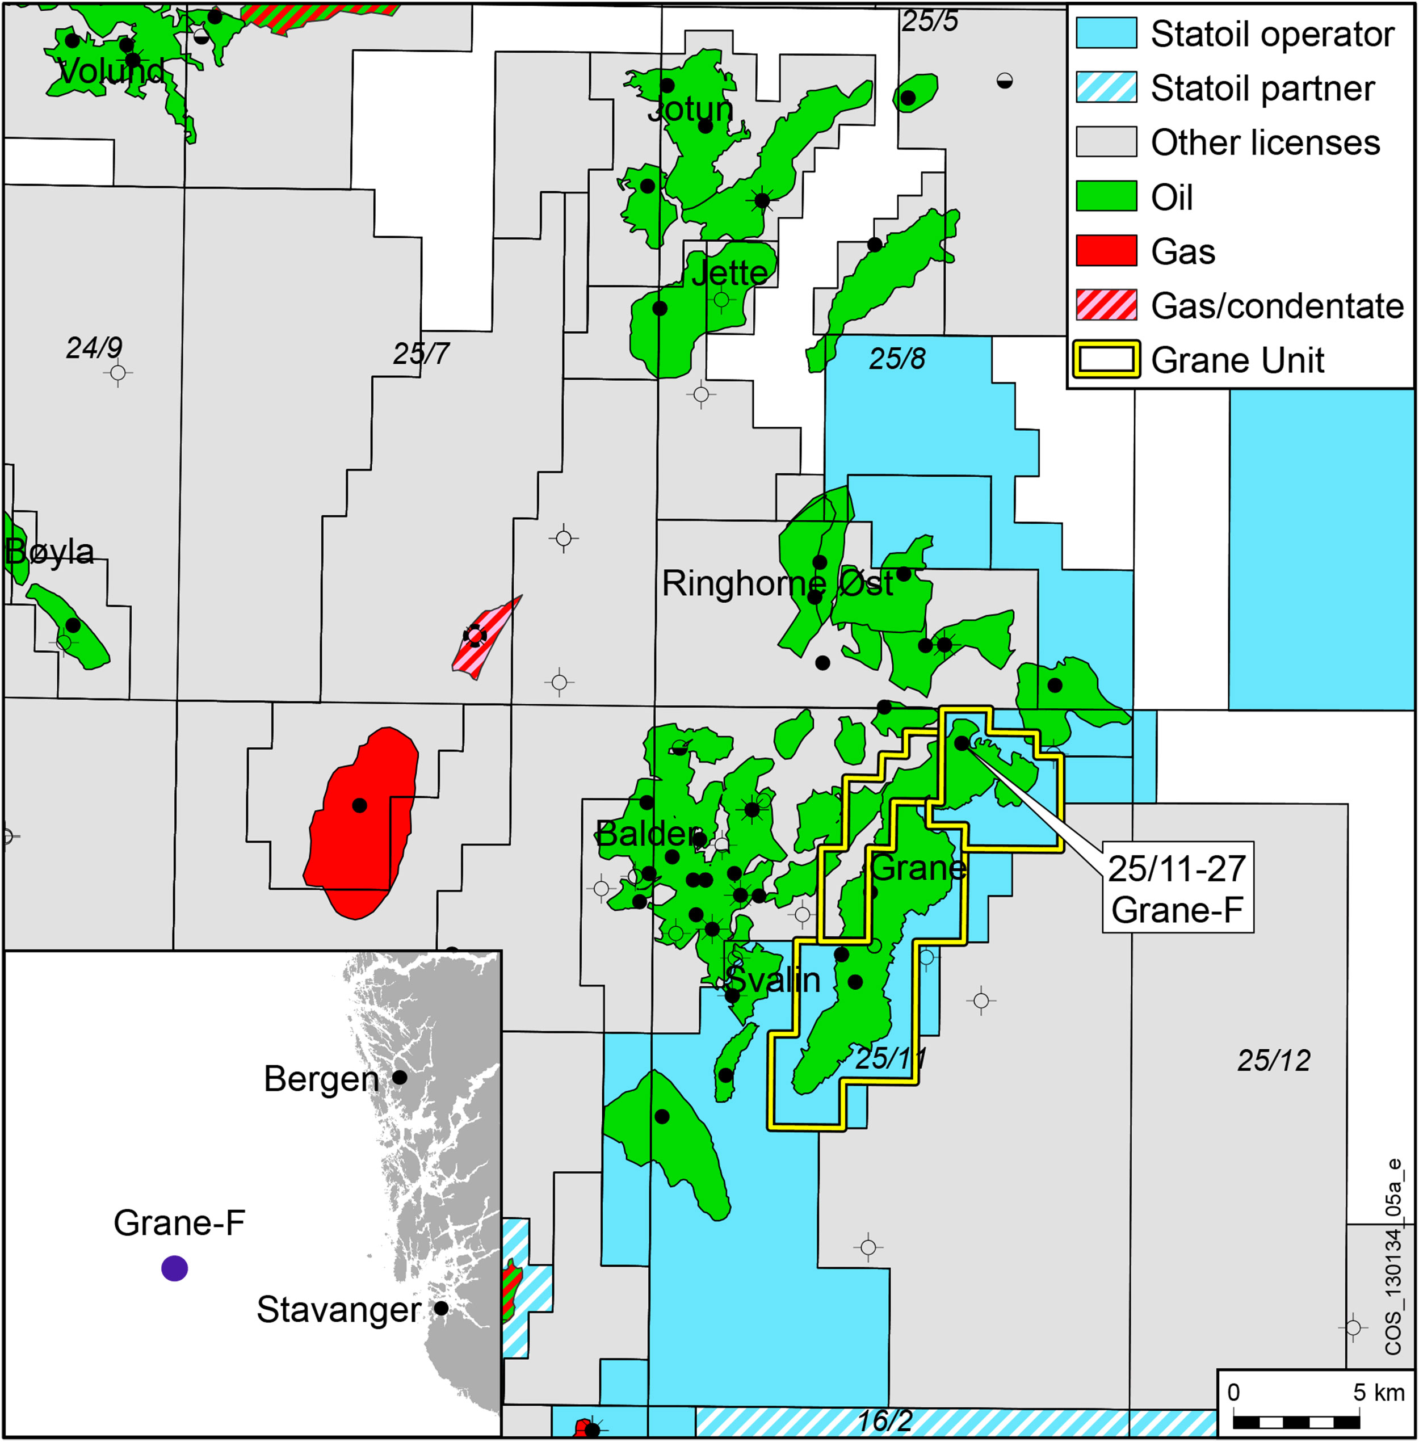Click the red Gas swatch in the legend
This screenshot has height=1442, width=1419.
(x=1106, y=251)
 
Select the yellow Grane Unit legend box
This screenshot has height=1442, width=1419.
(x=1106, y=360)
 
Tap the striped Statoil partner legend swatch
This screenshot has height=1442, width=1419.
(x=1106, y=88)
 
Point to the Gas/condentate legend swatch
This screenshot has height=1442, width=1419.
(x=1106, y=305)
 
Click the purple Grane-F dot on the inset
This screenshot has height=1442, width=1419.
(x=174, y=1268)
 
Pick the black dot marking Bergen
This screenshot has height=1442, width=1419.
(x=400, y=1077)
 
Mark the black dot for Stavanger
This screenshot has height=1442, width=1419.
(x=441, y=1308)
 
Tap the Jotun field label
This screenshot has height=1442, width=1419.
(x=691, y=110)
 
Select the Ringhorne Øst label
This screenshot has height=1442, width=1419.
(x=777, y=583)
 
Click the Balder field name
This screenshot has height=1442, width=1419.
(x=648, y=833)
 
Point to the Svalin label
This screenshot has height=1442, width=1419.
(x=775, y=979)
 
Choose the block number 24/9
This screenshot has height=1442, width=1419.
(x=94, y=348)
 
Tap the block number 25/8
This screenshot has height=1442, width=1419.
(x=897, y=359)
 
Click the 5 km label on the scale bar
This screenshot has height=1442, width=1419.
(x=1378, y=1392)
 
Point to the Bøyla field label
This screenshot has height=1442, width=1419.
(x=50, y=552)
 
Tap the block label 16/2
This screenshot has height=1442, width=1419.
(x=885, y=1420)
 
